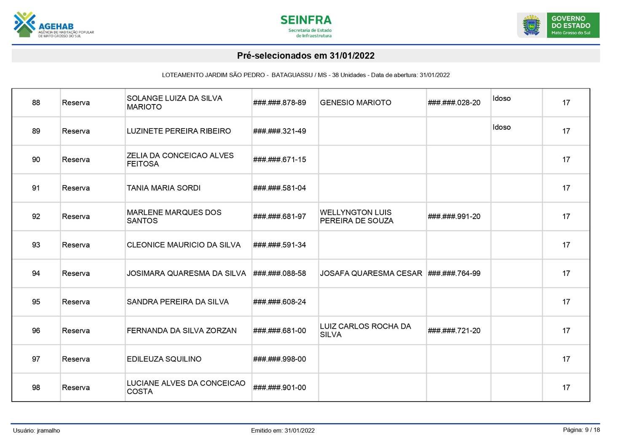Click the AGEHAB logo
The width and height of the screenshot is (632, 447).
pyautogui.click(x=53, y=25)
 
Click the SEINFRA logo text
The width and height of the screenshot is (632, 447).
pyautogui.click(x=306, y=20)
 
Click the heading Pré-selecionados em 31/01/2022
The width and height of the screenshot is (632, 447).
pyautogui.click(x=305, y=56)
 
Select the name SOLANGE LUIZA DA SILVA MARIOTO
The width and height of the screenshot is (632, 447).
pyautogui.click(x=174, y=102)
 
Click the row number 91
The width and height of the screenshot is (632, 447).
pyautogui.click(x=36, y=188)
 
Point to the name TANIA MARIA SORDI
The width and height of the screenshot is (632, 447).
pyautogui.click(x=163, y=188)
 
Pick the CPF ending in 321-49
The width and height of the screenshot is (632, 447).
pyautogui.click(x=279, y=131)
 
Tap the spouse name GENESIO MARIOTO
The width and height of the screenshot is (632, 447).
pyautogui.click(x=355, y=102)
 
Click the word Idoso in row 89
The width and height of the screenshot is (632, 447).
pyautogui.click(x=501, y=127)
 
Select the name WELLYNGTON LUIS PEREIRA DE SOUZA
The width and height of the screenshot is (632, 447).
pyautogui.click(x=356, y=217)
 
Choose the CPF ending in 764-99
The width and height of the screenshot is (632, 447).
pyautogui.click(x=454, y=273)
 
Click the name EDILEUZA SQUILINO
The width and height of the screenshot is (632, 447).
pyautogui.click(x=164, y=359)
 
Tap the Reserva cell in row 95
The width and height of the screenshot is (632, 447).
pyautogui.click(x=76, y=302)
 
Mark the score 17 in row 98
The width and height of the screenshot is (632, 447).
pyautogui.click(x=566, y=388)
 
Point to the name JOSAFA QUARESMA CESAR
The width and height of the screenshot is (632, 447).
pyautogui.click(x=371, y=273)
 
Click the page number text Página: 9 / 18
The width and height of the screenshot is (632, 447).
pyautogui.click(x=581, y=430)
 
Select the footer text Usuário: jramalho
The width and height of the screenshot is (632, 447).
pyautogui.click(x=37, y=431)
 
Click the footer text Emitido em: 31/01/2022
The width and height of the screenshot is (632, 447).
pyautogui.click(x=283, y=431)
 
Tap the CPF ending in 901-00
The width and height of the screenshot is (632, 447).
pyautogui.click(x=279, y=388)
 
